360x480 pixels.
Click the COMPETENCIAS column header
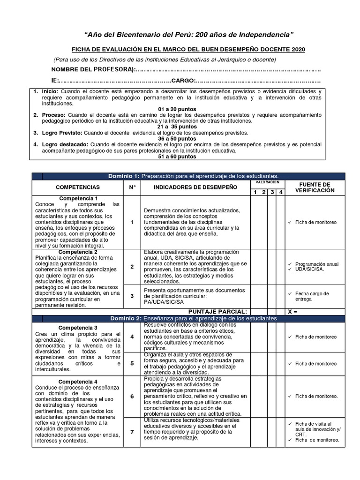[x=78, y=187]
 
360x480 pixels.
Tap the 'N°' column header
[x=132, y=187]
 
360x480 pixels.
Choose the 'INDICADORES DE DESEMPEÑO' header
[x=195, y=187]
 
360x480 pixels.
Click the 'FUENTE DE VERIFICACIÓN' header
[x=315, y=187]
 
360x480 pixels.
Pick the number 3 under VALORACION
[x=272, y=192]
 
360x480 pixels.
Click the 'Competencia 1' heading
[x=78, y=198]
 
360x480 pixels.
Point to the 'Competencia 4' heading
[x=78, y=381]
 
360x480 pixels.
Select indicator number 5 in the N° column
[x=132, y=363]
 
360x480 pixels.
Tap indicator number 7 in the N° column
[x=132, y=432]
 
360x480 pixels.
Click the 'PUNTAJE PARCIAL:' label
[x=217, y=311]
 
